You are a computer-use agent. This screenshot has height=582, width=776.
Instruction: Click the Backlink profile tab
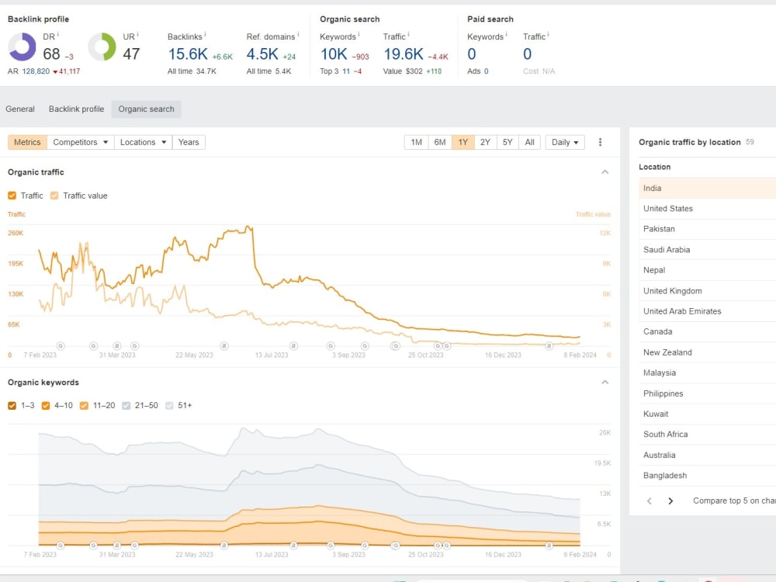coord(76,109)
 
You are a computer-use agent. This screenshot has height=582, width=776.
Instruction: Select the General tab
coord(20,109)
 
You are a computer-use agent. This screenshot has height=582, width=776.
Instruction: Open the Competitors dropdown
coord(81,142)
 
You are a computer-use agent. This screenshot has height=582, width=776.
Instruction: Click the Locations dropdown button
coord(143,142)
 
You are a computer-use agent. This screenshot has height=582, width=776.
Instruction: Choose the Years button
coord(189,142)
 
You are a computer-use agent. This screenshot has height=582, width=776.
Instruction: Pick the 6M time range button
coord(440,142)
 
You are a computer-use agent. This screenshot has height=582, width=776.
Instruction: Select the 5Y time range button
coord(508,142)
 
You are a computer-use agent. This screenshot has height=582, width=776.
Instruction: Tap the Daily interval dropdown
coord(565,142)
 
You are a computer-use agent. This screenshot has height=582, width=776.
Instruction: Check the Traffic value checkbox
coord(54,196)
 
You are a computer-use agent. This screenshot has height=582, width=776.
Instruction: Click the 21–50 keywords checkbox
coord(126,405)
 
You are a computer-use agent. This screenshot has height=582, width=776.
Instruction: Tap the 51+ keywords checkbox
coord(169,405)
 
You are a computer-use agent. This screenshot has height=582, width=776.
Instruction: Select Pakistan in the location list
coord(659,229)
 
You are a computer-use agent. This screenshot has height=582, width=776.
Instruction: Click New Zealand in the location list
coord(667,352)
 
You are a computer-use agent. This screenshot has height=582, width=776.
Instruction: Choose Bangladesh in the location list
coord(665,475)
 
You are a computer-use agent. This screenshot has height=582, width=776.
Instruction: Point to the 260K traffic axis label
coord(16,233)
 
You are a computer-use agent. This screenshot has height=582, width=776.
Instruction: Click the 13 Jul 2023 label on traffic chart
coord(271,355)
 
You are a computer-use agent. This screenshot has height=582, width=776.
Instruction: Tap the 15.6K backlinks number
coord(188,54)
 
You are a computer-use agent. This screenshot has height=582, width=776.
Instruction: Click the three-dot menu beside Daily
coord(601,142)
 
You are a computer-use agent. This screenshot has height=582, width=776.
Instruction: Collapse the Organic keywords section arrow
coord(605,382)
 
